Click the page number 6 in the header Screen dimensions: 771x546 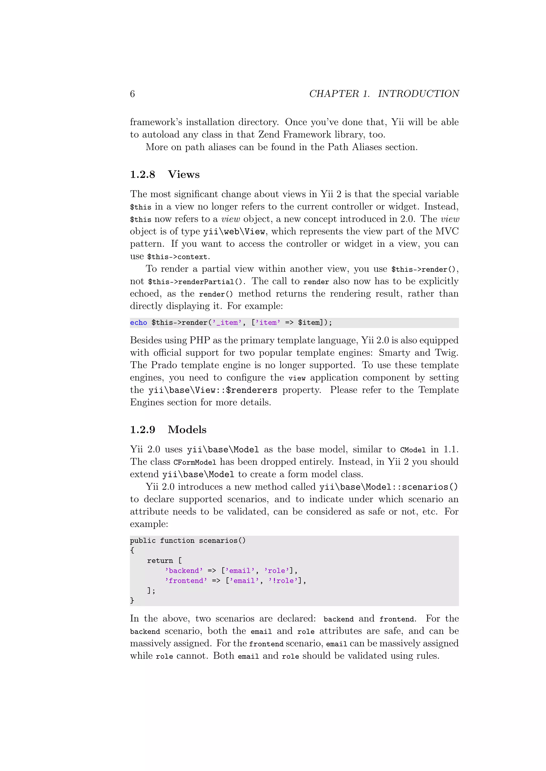[133, 94]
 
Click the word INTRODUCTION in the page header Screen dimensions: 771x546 [418, 94]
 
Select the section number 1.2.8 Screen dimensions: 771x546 [143, 174]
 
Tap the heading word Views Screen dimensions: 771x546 [184, 174]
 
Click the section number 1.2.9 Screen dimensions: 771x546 [143, 429]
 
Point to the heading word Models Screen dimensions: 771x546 [187, 429]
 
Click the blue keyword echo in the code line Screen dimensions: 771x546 [139, 323]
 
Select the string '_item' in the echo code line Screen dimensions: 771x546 [227, 323]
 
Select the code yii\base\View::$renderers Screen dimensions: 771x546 [213, 390]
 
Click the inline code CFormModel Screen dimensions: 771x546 [195, 462]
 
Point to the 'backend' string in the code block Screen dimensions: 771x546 [184, 571]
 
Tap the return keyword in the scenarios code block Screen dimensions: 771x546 [160, 561]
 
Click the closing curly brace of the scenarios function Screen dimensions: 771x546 [132, 600]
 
